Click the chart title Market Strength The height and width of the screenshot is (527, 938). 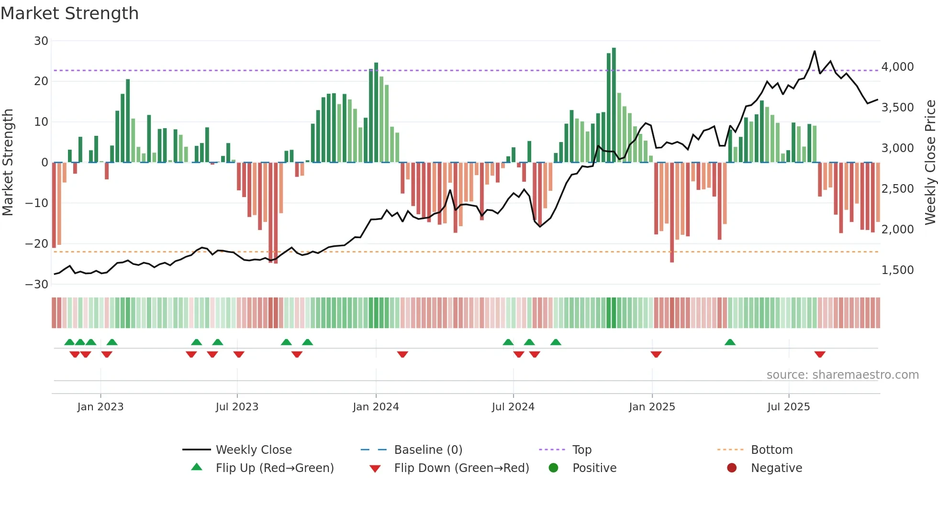point(69,13)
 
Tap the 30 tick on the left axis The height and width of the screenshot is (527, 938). point(41,41)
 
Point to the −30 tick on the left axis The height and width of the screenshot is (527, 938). point(37,285)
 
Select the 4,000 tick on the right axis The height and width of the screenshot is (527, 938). point(897,67)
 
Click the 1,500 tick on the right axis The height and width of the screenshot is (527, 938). point(897,270)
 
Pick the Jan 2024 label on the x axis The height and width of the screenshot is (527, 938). point(376,407)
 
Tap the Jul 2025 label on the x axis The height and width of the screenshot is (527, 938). point(788,407)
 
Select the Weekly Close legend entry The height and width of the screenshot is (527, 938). point(253,450)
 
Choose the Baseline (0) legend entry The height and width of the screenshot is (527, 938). point(428,450)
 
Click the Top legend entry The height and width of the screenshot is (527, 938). point(582,450)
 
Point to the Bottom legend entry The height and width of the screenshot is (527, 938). point(771,450)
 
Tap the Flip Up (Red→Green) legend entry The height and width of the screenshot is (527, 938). point(274,468)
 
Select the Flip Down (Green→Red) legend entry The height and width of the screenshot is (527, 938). point(461,468)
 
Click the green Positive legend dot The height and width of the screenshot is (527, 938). point(554,468)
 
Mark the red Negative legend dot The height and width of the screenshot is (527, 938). point(732,468)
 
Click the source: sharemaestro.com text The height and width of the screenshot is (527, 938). point(842,375)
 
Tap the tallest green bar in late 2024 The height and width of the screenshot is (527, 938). point(614,105)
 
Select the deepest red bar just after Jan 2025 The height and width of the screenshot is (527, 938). point(672,213)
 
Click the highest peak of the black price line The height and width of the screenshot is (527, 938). point(815,51)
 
